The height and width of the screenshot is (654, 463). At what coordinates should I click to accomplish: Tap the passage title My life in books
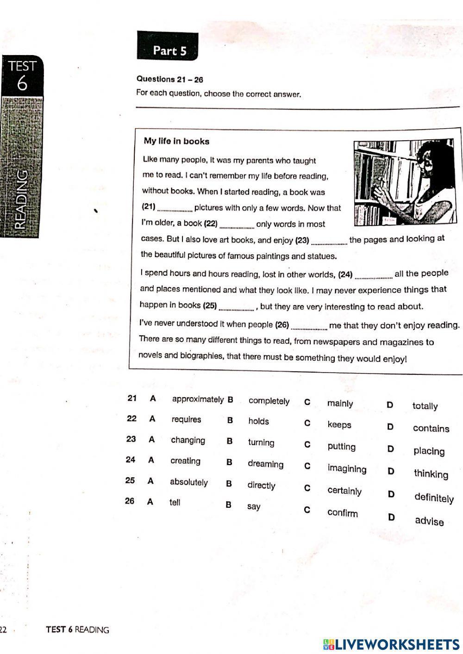(x=176, y=142)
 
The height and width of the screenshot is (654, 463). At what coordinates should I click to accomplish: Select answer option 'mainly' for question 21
(x=340, y=404)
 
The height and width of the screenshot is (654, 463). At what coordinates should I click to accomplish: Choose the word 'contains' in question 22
(x=431, y=429)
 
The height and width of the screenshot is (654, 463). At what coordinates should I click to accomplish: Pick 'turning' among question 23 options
(x=261, y=442)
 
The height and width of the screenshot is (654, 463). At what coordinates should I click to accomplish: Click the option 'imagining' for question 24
(x=347, y=469)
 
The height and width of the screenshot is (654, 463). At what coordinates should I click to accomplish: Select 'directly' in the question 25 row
(x=261, y=485)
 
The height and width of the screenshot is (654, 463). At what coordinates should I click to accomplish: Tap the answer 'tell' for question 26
(x=175, y=502)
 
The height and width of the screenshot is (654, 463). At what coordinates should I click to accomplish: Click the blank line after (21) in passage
(x=175, y=209)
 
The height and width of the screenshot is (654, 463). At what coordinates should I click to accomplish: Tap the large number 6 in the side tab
(x=22, y=84)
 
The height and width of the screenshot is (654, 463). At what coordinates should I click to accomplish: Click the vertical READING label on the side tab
(x=22, y=199)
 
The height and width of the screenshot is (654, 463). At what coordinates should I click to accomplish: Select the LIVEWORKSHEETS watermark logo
(x=391, y=644)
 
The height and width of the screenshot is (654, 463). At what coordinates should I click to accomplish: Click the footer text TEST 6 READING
(x=77, y=629)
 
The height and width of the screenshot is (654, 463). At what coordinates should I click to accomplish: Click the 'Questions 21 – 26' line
(x=169, y=79)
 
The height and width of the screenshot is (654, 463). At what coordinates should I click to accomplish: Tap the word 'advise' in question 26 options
(x=429, y=521)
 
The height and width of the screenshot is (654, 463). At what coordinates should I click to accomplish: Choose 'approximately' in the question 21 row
(x=198, y=399)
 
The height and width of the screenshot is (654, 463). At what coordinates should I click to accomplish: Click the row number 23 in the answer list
(x=131, y=439)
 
